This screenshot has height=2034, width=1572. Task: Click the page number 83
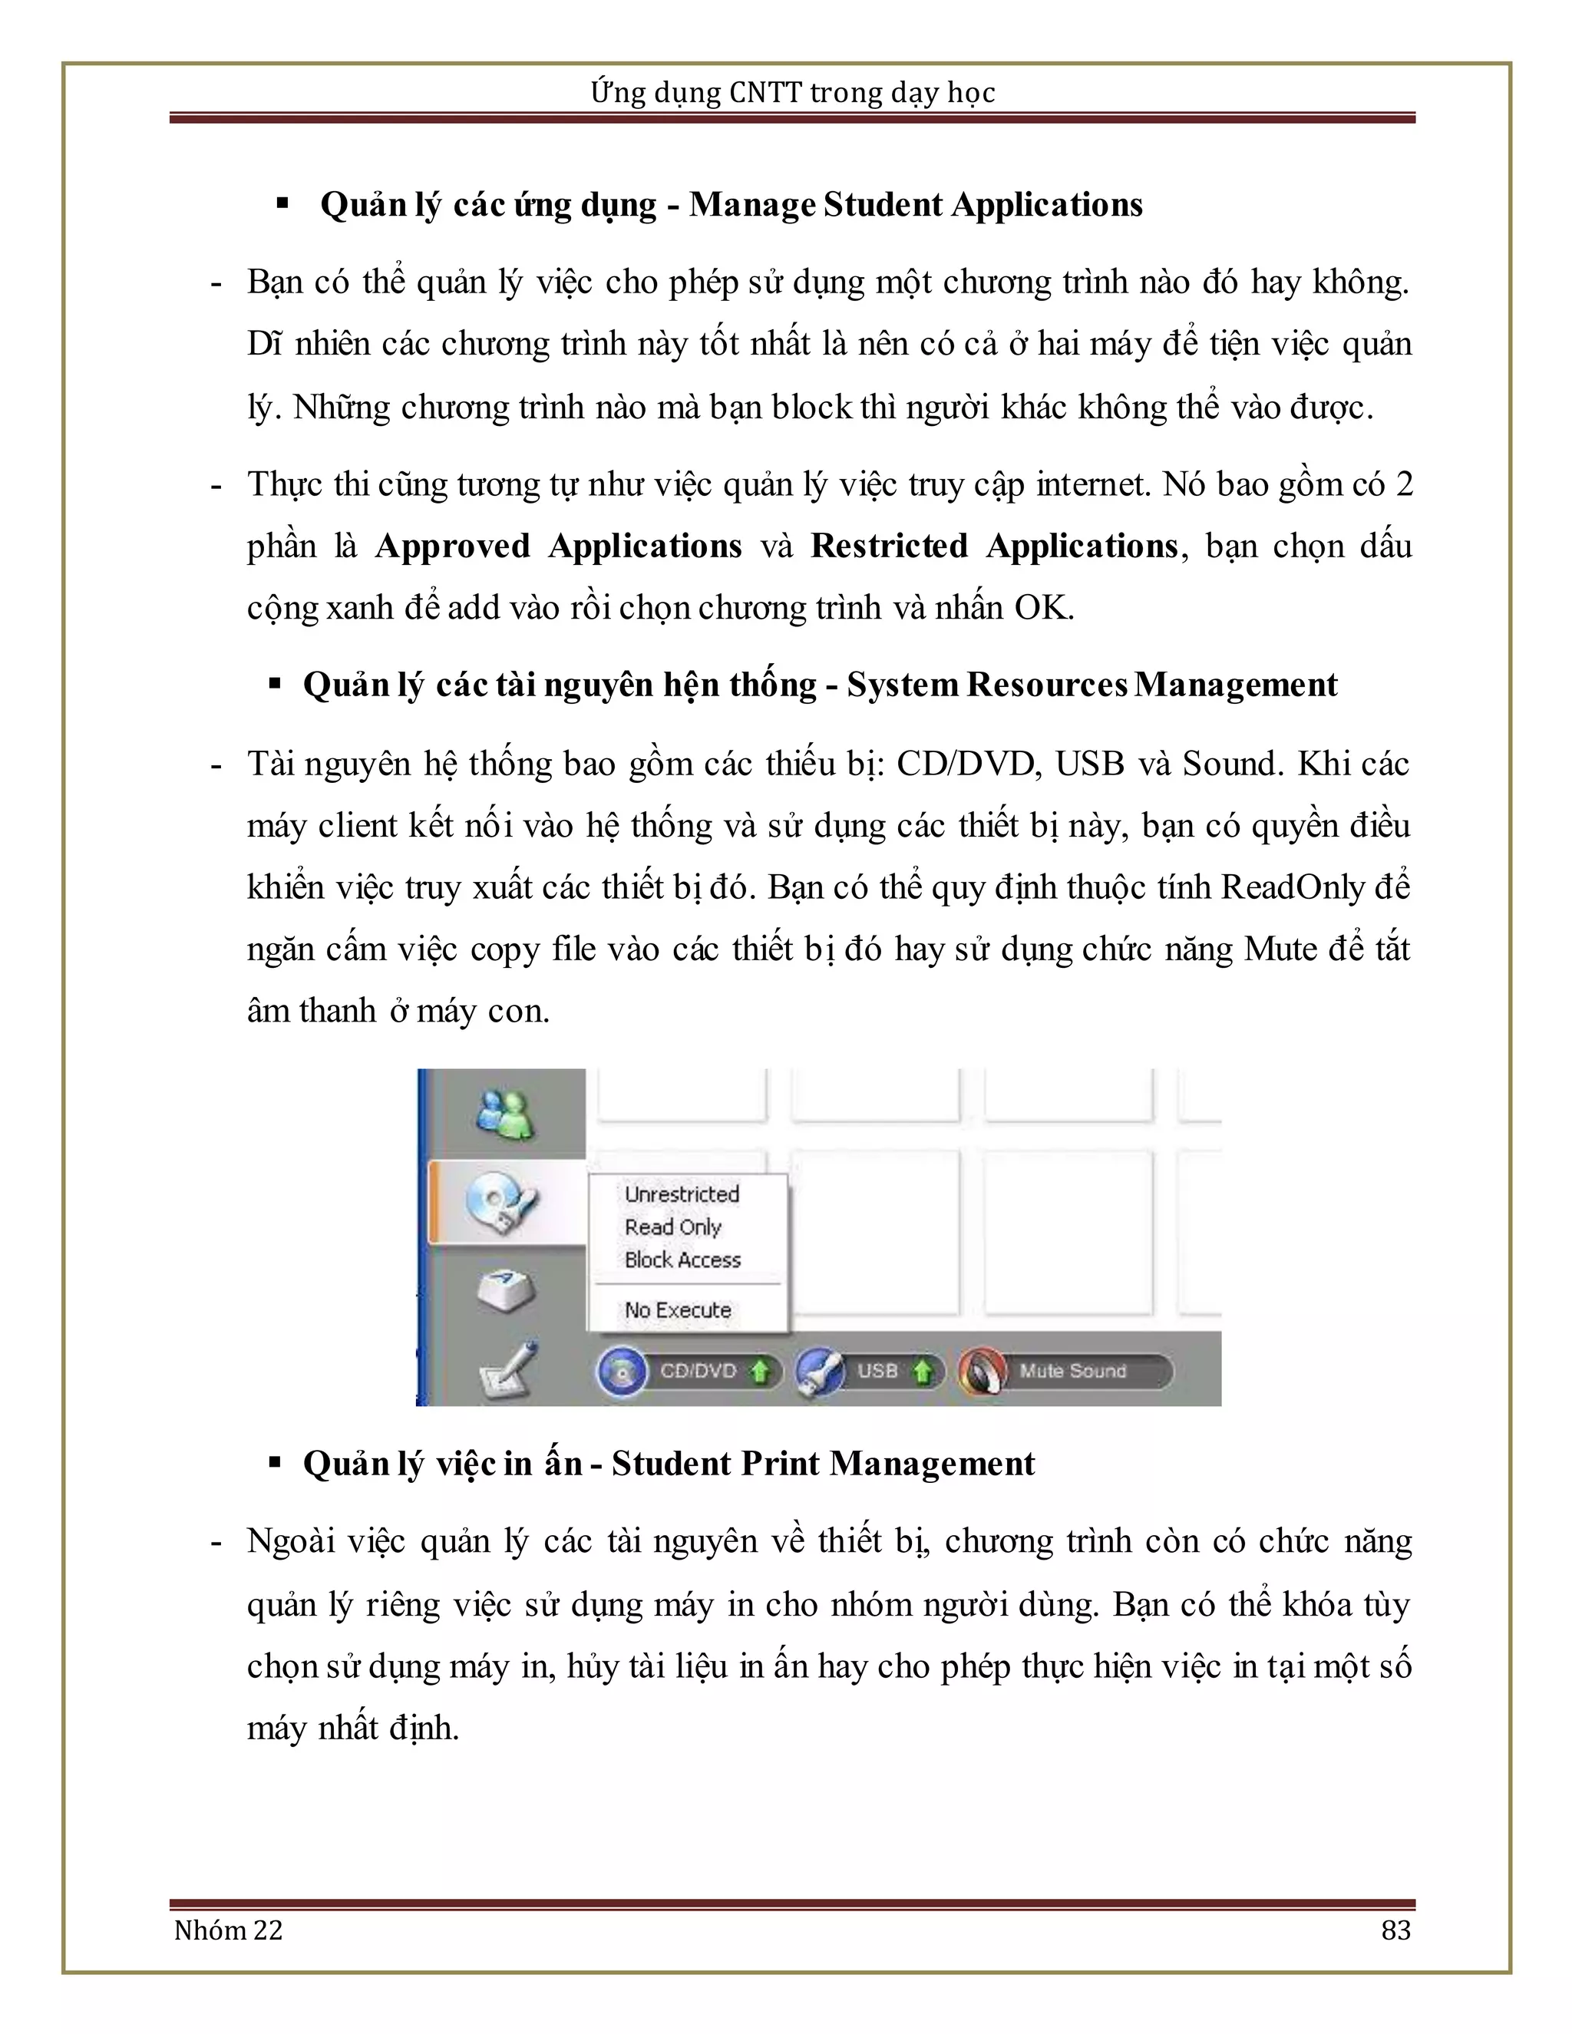click(1395, 1930)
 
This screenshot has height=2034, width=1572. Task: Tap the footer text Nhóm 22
click(228, 1930)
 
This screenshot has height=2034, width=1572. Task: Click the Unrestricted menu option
click(682, 1194)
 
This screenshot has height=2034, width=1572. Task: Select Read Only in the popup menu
click(672, 1227)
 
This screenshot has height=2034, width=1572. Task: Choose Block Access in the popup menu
click(682, 1260)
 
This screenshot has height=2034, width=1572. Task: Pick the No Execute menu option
click(678, 1310)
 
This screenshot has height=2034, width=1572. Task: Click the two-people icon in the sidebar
click(504, 1114)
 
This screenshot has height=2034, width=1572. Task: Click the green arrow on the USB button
click(922, 1372)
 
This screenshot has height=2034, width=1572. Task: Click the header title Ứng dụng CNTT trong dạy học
click(792, 92)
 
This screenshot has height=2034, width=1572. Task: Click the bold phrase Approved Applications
click(559, 546)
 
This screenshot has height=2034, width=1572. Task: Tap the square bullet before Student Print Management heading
click(275, 1463)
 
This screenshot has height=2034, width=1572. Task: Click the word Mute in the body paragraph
click(1278, 949)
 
